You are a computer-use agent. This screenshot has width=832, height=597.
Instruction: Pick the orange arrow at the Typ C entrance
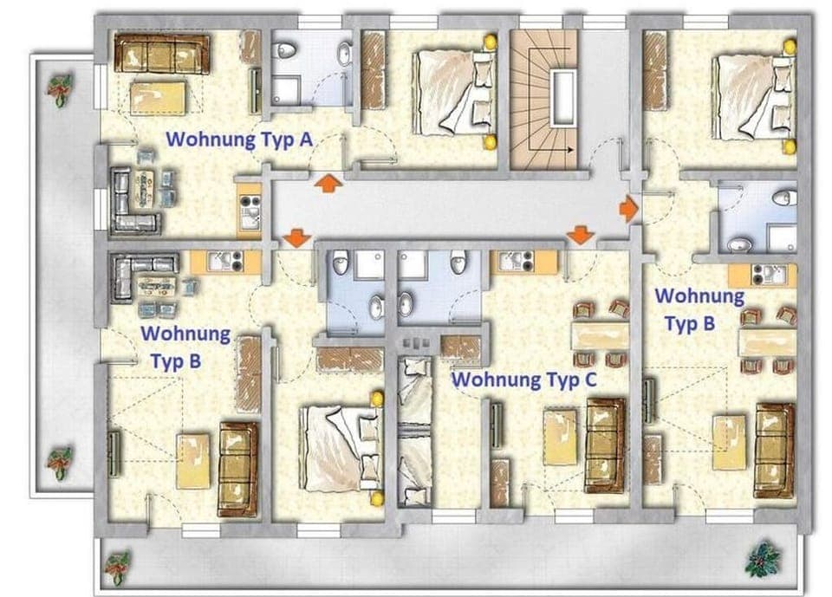(x=580, y=235)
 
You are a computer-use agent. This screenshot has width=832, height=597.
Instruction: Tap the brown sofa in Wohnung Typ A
(x=162, y=55)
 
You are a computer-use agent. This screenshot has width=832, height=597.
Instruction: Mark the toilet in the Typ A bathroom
(x=287, y=52)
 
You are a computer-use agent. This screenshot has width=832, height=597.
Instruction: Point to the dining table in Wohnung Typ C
(x=601, y=334)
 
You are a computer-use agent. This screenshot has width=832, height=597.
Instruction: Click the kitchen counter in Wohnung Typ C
(x=524, y=262)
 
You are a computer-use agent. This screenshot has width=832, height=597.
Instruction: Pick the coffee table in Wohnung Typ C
(x=560, y=437)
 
